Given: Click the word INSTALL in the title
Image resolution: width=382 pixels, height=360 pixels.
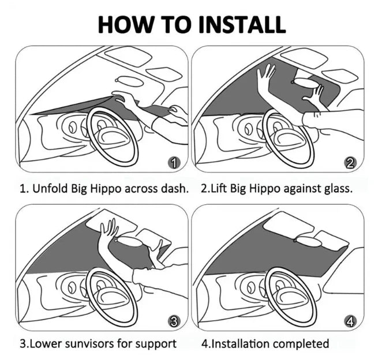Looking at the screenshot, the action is tap(242, 24).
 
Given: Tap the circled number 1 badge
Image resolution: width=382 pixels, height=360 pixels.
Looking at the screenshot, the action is tap(174, 163).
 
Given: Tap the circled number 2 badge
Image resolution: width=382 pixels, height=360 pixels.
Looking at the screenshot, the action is tap(350, 163).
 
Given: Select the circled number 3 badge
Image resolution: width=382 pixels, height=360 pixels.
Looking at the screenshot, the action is tap(174, 321).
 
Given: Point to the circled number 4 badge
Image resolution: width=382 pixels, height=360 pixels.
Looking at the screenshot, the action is tap(350, 321).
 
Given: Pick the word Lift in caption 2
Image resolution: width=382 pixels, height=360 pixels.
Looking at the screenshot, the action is tap(219, 189).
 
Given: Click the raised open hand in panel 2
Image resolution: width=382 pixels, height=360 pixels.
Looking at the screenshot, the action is tap(265, 75).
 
